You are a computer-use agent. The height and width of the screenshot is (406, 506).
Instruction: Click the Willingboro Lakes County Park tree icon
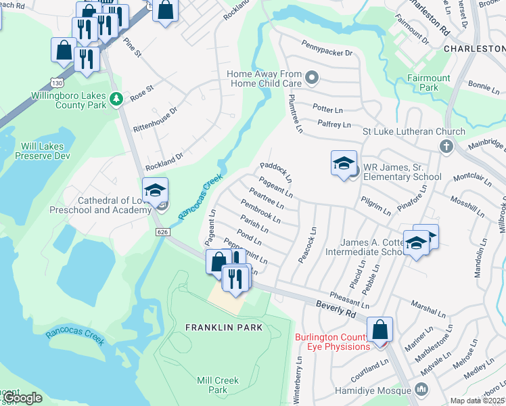click(x=116, y=99)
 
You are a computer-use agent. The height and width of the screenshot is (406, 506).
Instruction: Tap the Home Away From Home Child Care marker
click(x=312, y=78)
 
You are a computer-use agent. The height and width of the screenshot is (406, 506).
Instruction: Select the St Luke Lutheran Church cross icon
click(x=446, y=146)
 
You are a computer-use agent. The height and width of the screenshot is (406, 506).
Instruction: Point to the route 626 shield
click(x=162, y=232)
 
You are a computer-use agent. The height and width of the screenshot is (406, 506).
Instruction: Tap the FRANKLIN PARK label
click(x=223, y=328)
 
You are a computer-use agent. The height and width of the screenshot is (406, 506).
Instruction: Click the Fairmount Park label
click(x=429, y=83)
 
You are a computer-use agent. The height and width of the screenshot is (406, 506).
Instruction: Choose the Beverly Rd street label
click(x=336, y=309)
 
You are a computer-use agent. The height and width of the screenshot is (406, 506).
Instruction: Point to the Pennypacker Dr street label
click(x=327, y=52)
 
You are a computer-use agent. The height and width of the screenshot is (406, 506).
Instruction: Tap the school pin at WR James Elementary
click(x=344, y=164)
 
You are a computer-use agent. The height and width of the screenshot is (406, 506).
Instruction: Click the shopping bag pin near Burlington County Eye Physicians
click(x=380, y=330)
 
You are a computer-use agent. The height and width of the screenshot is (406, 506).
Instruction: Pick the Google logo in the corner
click(x=22, y=398)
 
